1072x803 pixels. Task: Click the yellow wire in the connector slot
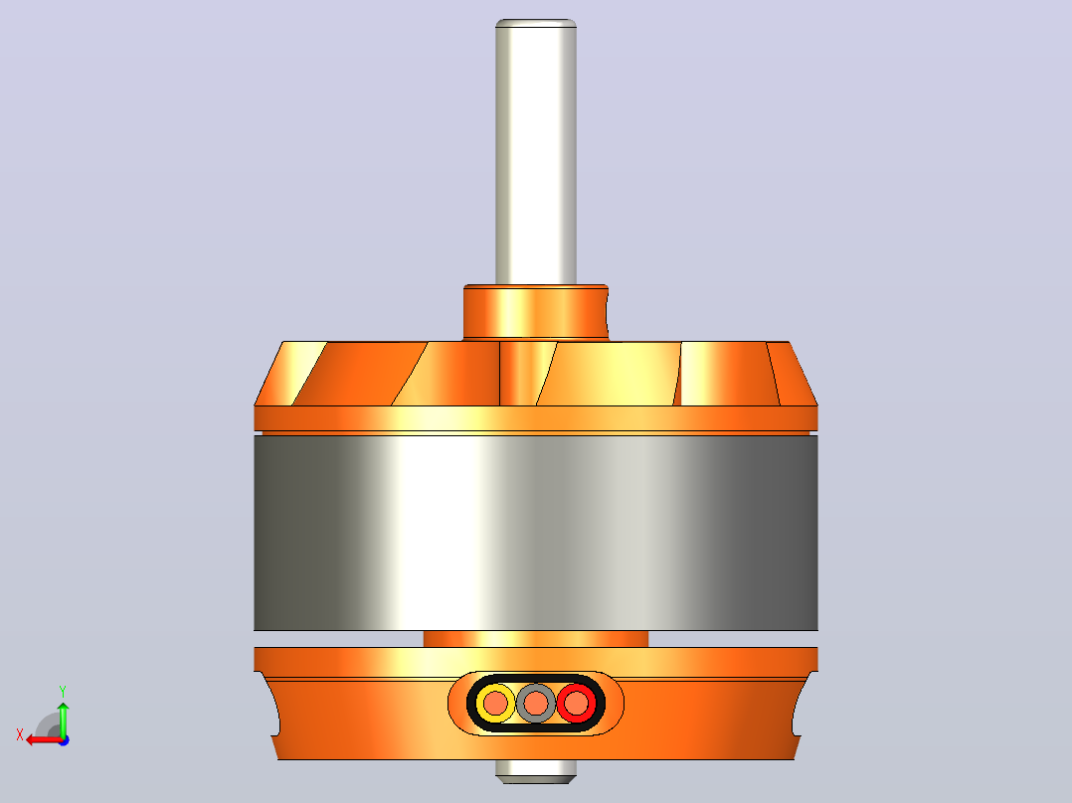tap(495, 703)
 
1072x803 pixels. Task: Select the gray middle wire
tap(536, 703)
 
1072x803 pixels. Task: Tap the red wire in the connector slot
tap(577, 703)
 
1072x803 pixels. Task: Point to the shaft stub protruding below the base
tap(536, 771)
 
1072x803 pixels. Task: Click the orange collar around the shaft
tap(536, 313)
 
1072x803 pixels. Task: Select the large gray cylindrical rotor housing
tap(536, 533)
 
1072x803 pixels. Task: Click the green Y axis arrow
tap(63, 719)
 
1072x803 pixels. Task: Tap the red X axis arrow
tap(44, 739)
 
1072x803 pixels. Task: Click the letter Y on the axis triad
tap(63, 692)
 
